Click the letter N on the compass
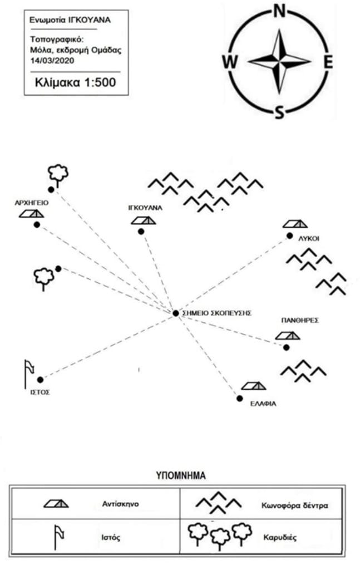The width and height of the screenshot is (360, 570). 280,11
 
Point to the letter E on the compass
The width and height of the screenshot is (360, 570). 328,62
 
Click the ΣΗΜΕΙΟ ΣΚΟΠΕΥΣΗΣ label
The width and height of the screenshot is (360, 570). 218,313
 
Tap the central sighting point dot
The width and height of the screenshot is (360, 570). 176,313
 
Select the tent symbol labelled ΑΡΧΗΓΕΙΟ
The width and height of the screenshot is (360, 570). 32,214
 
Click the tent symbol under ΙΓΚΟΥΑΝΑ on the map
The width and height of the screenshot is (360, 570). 144,220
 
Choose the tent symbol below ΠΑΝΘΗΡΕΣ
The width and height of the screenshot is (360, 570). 288,336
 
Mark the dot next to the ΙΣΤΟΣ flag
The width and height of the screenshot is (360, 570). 41,380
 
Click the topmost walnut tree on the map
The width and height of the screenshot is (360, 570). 57,174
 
